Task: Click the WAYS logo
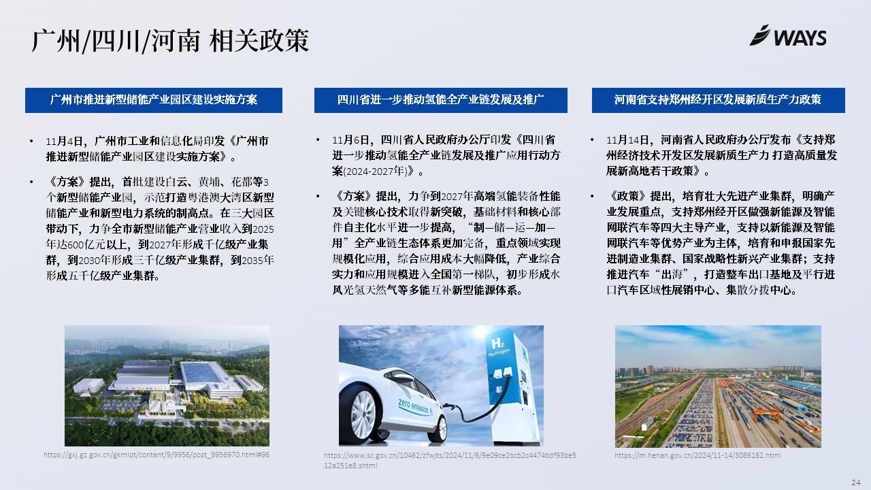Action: [x=788, y=36]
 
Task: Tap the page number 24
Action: [x=856, y=483]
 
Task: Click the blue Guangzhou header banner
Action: [x=154, y=100]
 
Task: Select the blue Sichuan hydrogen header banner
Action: [x=440, y=100]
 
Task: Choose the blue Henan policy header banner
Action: [x=718, y=100]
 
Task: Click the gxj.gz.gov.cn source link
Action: [x=157, y=455]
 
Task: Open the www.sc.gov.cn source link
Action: [x=450, y=460]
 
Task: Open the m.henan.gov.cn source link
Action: [x=697, y=455]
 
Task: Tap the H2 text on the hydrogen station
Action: [x=497, y=344]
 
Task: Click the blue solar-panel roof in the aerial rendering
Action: [x=201, y=372]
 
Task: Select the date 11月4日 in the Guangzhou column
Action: [x=64, y=141]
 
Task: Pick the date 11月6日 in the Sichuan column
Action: [x=350, y=140]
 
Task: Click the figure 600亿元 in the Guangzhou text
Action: [x=86, y=244]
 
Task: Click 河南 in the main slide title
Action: [x=176, y=40]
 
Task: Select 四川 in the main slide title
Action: [x=116, y=40]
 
